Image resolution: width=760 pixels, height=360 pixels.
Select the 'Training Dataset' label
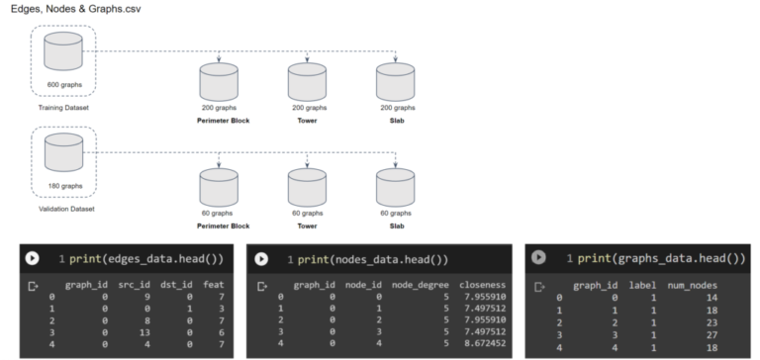click(65, 107)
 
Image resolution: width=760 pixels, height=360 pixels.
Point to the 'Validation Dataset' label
click(65, 207)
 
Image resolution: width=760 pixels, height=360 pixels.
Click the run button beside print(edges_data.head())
click(32, 258)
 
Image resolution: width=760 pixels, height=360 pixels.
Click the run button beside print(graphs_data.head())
click(540, 258)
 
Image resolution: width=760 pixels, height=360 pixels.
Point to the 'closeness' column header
click(482, 285)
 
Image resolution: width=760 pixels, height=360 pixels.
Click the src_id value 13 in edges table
click(144, 332)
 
